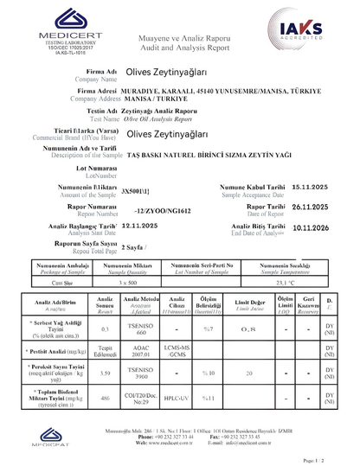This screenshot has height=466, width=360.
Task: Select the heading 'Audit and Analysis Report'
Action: pos(179,48)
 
